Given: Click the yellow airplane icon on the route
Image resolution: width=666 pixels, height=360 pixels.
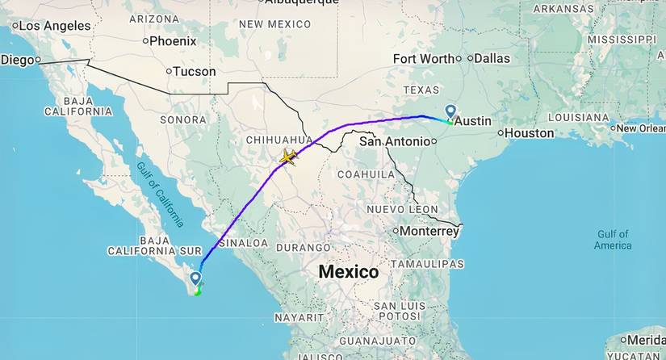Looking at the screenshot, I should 287,157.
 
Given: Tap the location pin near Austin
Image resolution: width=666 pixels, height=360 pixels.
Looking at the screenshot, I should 450,112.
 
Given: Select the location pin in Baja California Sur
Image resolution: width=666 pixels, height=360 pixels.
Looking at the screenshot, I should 195,279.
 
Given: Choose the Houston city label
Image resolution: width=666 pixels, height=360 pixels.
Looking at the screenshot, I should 530,133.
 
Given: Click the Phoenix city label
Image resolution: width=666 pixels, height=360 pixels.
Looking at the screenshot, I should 173,40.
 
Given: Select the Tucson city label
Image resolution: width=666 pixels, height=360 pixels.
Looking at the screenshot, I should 195,71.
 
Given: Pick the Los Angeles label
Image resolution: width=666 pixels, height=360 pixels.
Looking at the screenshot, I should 54,26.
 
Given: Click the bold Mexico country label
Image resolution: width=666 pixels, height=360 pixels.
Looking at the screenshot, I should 349,272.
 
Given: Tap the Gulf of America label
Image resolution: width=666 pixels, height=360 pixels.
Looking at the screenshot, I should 614,240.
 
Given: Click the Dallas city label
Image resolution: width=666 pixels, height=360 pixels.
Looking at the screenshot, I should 492,58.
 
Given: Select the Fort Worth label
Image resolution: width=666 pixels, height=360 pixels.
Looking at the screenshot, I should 423,58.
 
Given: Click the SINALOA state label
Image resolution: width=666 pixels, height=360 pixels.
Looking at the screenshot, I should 245,242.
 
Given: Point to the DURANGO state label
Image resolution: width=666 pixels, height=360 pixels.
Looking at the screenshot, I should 304,247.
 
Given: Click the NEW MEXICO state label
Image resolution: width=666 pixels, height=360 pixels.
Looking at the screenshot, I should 274,25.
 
